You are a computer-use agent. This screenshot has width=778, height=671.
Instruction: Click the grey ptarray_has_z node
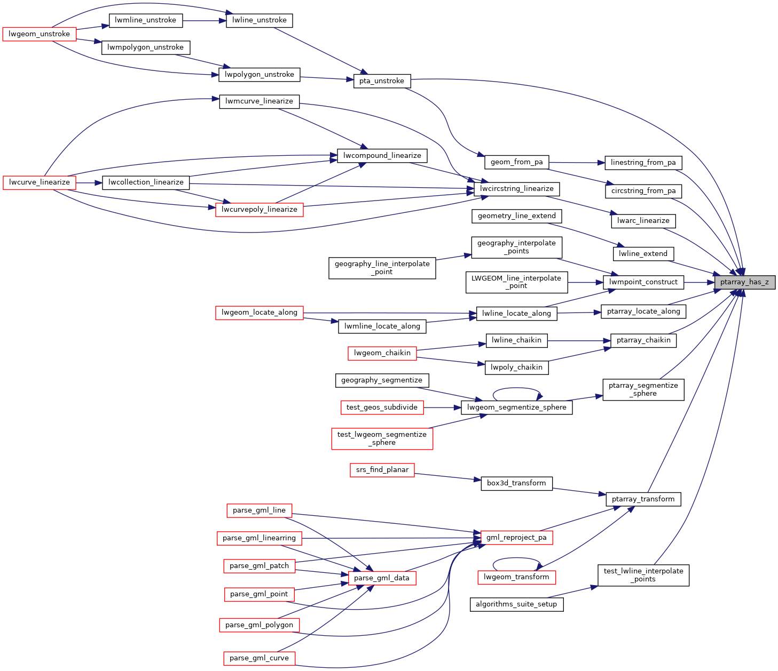[744, 282]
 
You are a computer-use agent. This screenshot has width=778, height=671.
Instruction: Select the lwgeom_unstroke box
[40, 34]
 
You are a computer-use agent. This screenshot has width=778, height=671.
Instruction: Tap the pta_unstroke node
[382, 81]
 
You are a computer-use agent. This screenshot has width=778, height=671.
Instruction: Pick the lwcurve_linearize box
[40, 182]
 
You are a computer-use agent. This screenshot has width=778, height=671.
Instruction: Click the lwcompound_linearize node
[382, 156]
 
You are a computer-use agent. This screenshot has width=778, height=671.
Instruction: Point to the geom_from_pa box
[516, 162]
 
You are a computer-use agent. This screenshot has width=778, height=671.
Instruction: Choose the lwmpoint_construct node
[643, 282]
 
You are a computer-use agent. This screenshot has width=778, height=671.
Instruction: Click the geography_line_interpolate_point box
[382, 268]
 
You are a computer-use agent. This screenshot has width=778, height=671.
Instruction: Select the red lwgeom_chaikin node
[382, 353]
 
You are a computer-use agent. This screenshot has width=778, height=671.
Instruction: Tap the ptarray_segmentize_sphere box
[643, 389]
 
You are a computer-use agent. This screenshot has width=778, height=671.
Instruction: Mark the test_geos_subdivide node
[382, 408]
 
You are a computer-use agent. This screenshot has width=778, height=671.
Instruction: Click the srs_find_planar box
[382, 470]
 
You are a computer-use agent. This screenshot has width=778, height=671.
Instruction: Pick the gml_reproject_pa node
[516, 538]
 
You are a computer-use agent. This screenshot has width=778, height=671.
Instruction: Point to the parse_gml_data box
[382, 578]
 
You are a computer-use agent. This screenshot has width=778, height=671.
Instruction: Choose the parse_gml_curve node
[259, 658]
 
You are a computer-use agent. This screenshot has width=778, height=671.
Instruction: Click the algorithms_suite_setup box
[516, 604]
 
